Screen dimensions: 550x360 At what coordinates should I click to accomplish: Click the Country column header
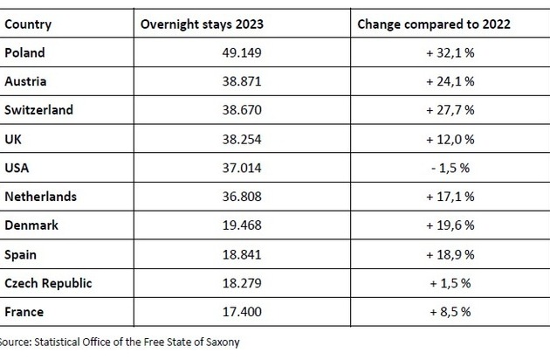coord(28,24)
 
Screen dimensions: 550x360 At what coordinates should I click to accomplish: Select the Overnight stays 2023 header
coord(202,24)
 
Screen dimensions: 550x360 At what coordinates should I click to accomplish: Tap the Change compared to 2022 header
coord(434,24)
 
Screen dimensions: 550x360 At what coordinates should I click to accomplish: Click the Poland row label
coord(24,52)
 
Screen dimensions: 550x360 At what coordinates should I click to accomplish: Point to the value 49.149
coord(242,52)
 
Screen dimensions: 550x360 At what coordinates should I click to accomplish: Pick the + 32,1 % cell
coord(450,53)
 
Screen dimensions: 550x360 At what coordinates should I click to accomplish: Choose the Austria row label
coord(25,81)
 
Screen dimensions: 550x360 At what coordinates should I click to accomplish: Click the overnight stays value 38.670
coord(242,110)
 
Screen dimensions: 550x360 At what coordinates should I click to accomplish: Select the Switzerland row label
coord(38,110)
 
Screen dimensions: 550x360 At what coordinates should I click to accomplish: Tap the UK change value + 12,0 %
coord(450,140)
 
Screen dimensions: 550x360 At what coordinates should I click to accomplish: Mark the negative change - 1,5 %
coord(450,168)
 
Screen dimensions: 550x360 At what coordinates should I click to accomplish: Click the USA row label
coord(17,168)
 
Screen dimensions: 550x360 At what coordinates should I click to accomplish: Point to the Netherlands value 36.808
coord(242,197)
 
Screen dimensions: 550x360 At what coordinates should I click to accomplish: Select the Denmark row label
coord(31,225)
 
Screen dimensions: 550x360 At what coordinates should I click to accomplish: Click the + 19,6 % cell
coord(450,225)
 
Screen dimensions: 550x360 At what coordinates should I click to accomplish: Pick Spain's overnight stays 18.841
coord(242,254)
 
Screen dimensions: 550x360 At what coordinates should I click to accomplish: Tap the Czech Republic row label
coord(48,283)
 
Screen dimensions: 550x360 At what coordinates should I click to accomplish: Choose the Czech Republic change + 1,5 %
coord(450,283)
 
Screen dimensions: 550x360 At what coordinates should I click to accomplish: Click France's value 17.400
coord(242,312)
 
